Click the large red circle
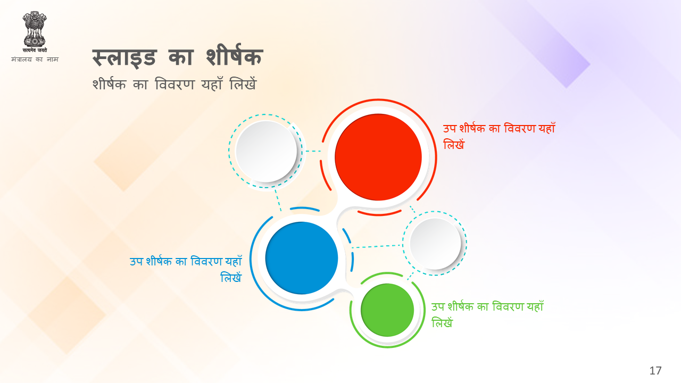(378, 157)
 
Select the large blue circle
(302, 258)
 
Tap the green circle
(387, 310)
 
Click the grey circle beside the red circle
(267, 152)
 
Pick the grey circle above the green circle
(435, 244)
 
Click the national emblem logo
(35, 32)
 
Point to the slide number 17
(655, 371)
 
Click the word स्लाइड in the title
(124, 57)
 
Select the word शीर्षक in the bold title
(235, 55)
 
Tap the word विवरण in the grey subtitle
(175, 84)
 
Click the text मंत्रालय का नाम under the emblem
(35, 59)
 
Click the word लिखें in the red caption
(454, 144)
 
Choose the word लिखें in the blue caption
(231, 277)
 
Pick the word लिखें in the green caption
(442, 322)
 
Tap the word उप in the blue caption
(136, 261)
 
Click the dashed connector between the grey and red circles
(313, 151)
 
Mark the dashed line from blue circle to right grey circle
(377, 246)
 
